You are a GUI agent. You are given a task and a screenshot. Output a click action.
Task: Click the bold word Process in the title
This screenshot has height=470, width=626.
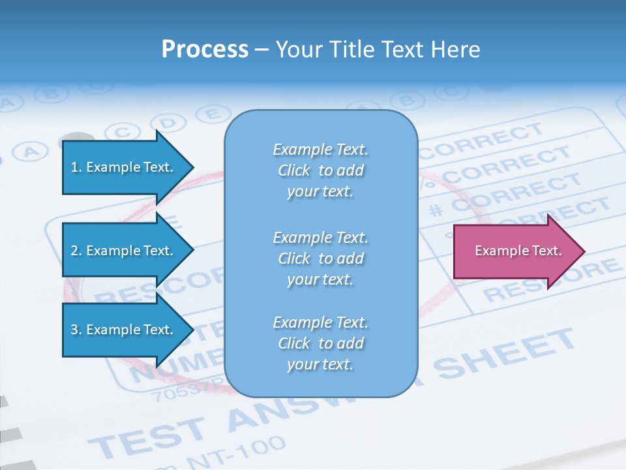[x=205, y=50]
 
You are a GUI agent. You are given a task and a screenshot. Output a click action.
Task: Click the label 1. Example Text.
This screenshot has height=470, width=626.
[x=121, y=167]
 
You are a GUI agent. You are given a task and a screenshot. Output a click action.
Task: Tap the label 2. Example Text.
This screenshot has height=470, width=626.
[x=121, y=251]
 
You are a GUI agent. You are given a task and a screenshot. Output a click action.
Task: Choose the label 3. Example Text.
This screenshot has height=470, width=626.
[x=121, y=330]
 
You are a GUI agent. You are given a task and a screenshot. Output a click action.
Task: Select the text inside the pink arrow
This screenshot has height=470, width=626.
[x=518, y=251]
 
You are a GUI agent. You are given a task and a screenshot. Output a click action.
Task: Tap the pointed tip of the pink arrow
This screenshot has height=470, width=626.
[x=584, y=251]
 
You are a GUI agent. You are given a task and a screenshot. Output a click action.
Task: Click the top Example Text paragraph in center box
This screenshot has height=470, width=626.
[x=320, y=170]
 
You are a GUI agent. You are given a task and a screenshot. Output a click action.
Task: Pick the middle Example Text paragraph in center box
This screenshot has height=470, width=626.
[x=320, y=258]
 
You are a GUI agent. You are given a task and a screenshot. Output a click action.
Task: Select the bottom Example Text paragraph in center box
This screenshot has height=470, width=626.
[x=320, y=343]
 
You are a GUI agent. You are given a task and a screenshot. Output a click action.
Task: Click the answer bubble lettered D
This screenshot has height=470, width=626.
[x=168, y=122]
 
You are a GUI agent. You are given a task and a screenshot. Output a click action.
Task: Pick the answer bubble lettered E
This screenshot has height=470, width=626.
[x=211, y=114]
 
